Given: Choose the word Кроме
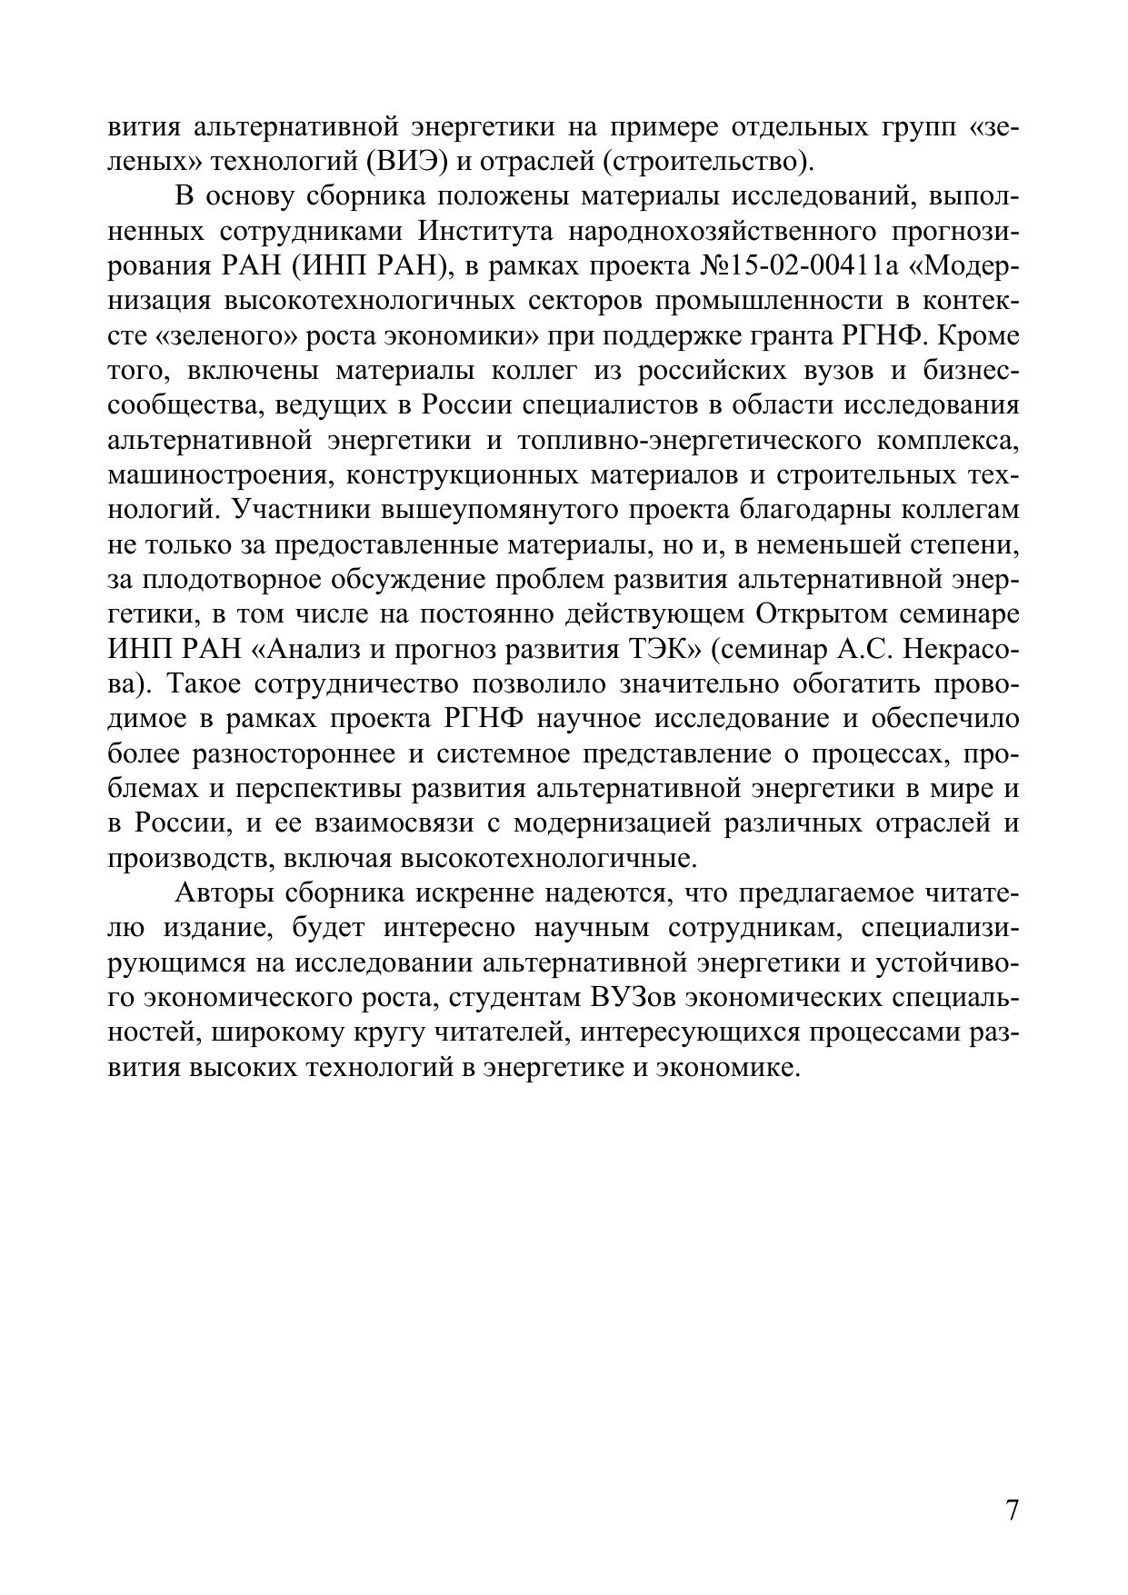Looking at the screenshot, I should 978,336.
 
